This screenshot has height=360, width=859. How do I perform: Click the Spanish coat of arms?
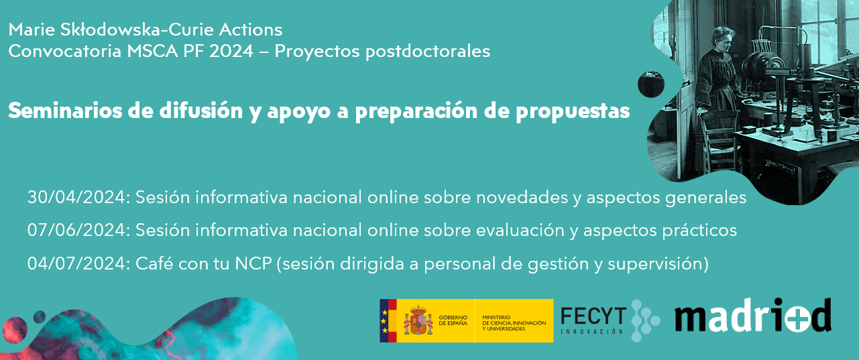[418, 320]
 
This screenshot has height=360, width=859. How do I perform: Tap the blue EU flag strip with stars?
[384, 320]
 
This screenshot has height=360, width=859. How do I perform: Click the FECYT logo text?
[593, 316]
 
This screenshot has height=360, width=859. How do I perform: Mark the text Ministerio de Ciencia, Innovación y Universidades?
[514, 320]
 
